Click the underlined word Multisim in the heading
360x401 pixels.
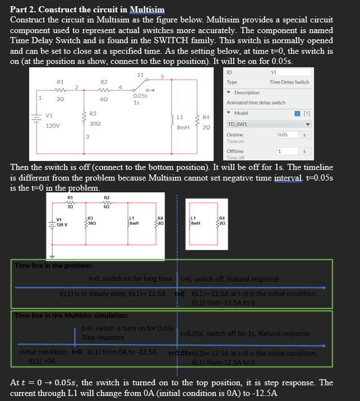point(147,10)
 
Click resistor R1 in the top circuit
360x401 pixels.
point(60,90)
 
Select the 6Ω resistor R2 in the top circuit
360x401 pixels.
point(104,90)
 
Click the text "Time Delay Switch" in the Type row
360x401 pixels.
point(289,82)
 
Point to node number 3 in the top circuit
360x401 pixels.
point(87,137)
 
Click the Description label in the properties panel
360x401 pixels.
point(247,93)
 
